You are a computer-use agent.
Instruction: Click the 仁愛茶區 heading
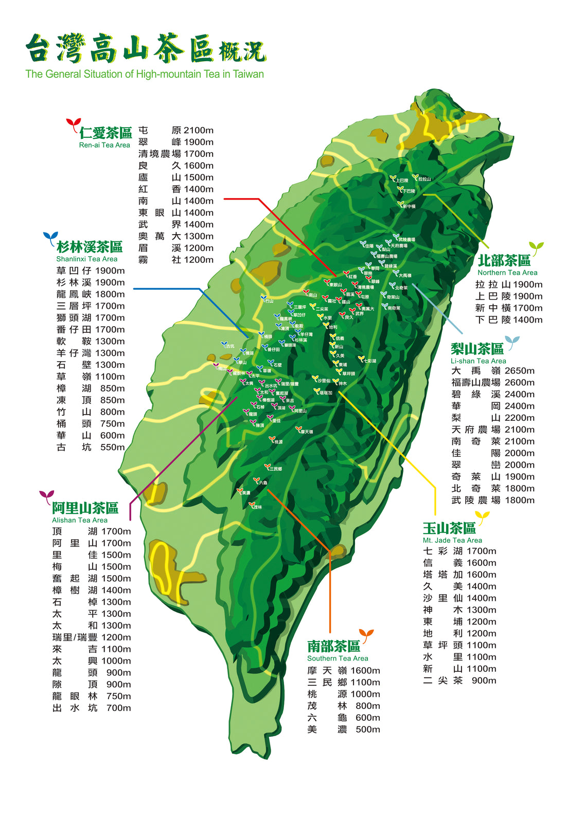pyautogui.click(x=105, y=133)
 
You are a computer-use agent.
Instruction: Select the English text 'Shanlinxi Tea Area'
pyautogui.click(x=86, y=259)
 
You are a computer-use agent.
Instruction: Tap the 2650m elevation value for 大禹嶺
pyautogui.click(x=519, y=370)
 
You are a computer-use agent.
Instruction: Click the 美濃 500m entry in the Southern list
pyautogui.click(x=343, y=729)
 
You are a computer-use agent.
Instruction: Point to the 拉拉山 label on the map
pyautogui.click(x=424, y=179)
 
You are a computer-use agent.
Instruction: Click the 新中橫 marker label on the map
pyautogui.click(x=409, y=206)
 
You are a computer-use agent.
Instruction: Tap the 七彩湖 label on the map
pyautogui.click(x=369, y=361)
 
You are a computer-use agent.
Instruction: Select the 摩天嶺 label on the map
pyautogui.click(x=306, y=431)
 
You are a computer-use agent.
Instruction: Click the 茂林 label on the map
pyautogui.click(x=257, y=507)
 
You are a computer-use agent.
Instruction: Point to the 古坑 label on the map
pyautogui.click(x=229, y=346)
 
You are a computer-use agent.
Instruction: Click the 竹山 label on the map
pyautogui.click(x=269, y=300)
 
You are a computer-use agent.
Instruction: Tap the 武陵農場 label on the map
pyautogui.click(x=406, y=239)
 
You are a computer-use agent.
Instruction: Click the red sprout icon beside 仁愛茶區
pyautogui.click(x=73, y=124)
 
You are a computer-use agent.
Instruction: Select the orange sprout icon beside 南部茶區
pyautogui.click(x=366, y=634)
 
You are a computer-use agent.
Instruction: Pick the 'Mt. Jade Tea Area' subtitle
pyautogui.click(x=452, y=540)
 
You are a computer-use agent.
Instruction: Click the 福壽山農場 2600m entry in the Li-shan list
pyautogui.click(x=492, y=382)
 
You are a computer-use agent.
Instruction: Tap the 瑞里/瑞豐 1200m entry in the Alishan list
pyautogui.click(x=91, y=637)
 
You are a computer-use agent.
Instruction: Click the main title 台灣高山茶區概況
pyautogui.click(x=145, y=50)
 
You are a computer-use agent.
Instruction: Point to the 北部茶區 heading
pyautogui.click(x=503, y=260)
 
